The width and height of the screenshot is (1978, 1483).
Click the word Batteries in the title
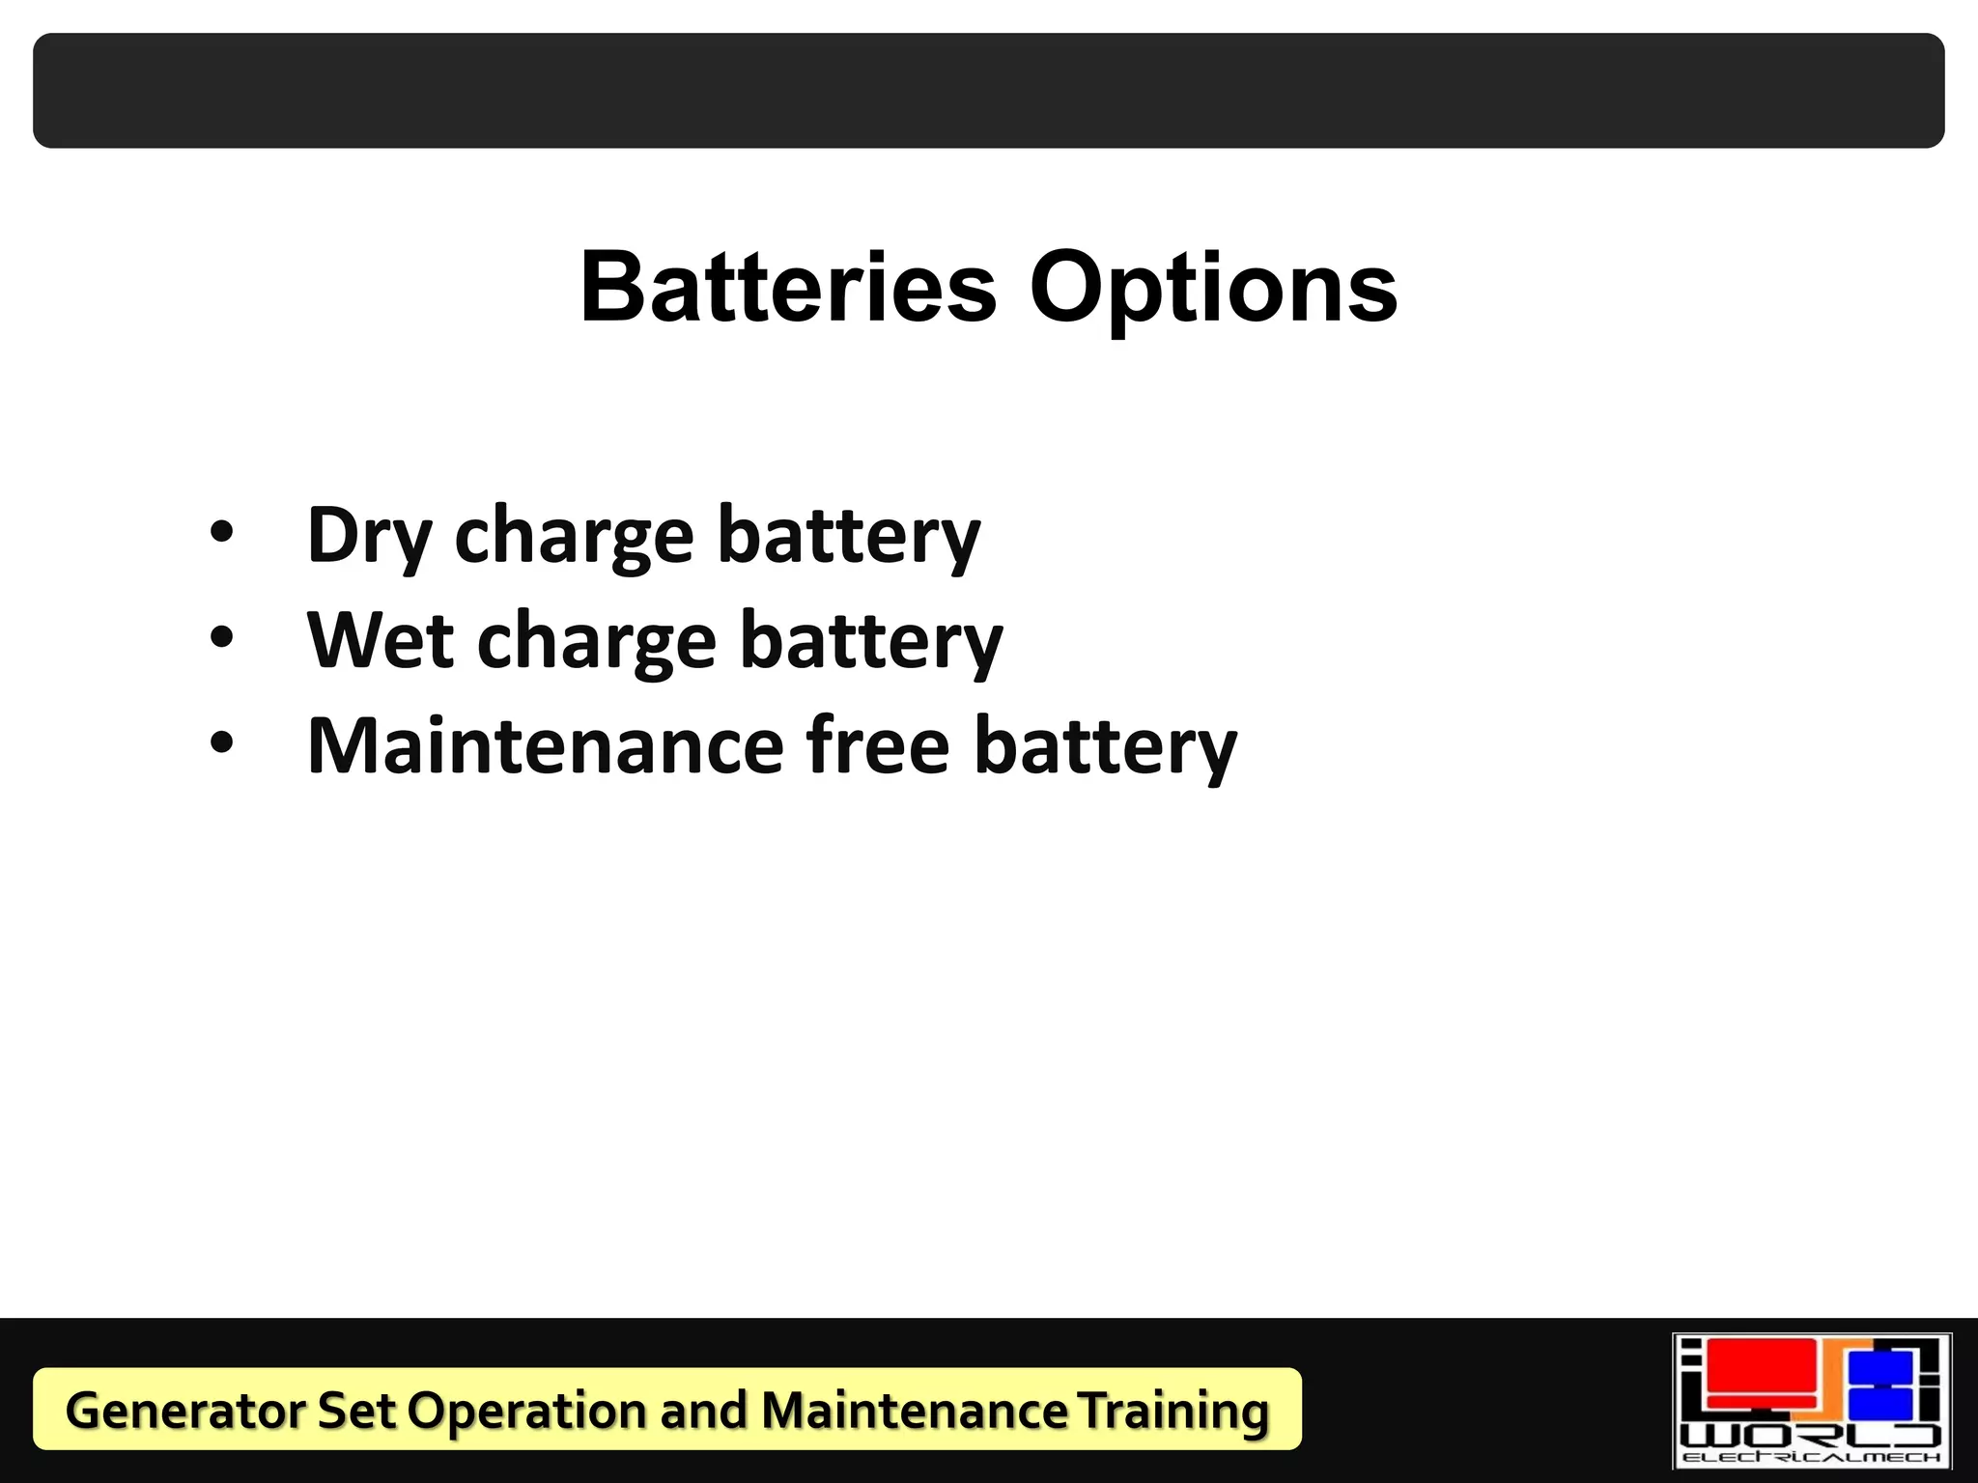(x=787, y=287)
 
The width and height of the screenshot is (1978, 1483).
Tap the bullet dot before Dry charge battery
(x=222, y=532)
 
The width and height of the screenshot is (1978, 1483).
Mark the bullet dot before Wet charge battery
(x=222, y=637)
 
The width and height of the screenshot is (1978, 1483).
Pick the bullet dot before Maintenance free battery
(x=222, y=742)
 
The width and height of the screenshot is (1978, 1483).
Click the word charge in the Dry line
(x=574, y=537)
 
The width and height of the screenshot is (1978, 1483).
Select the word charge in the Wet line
(x=596, y=642)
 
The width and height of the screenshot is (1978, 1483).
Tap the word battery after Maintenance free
(x=1105, y=746)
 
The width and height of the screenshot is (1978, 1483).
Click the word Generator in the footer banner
(x=185, y=1411)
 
